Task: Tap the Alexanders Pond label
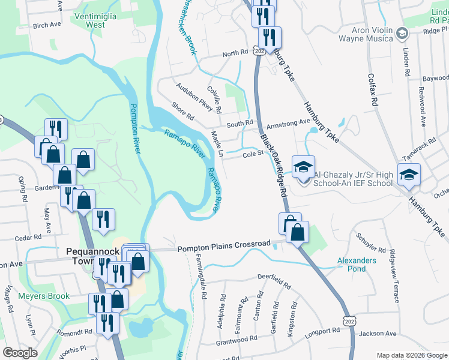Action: pyautogui.click(x=357, y=265)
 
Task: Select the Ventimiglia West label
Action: pyautogui.click(x=95, y=20)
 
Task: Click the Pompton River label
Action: pyautogui.click(x=136, y=128)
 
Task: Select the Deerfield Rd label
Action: pyautogui.click(x=274, y=278)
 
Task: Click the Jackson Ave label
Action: pyautogui.click(x=378, y=333)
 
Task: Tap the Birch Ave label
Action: pyautogui.click(x=47, y=25)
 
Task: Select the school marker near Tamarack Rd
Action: pyautogui.click(x=409, y=174)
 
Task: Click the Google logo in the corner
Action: pyautogui.click(x=20, y=353)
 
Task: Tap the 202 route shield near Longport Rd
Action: pyautogui.click(x=349, y=323)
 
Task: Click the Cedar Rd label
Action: pyautogui.click(x=27, y=238)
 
